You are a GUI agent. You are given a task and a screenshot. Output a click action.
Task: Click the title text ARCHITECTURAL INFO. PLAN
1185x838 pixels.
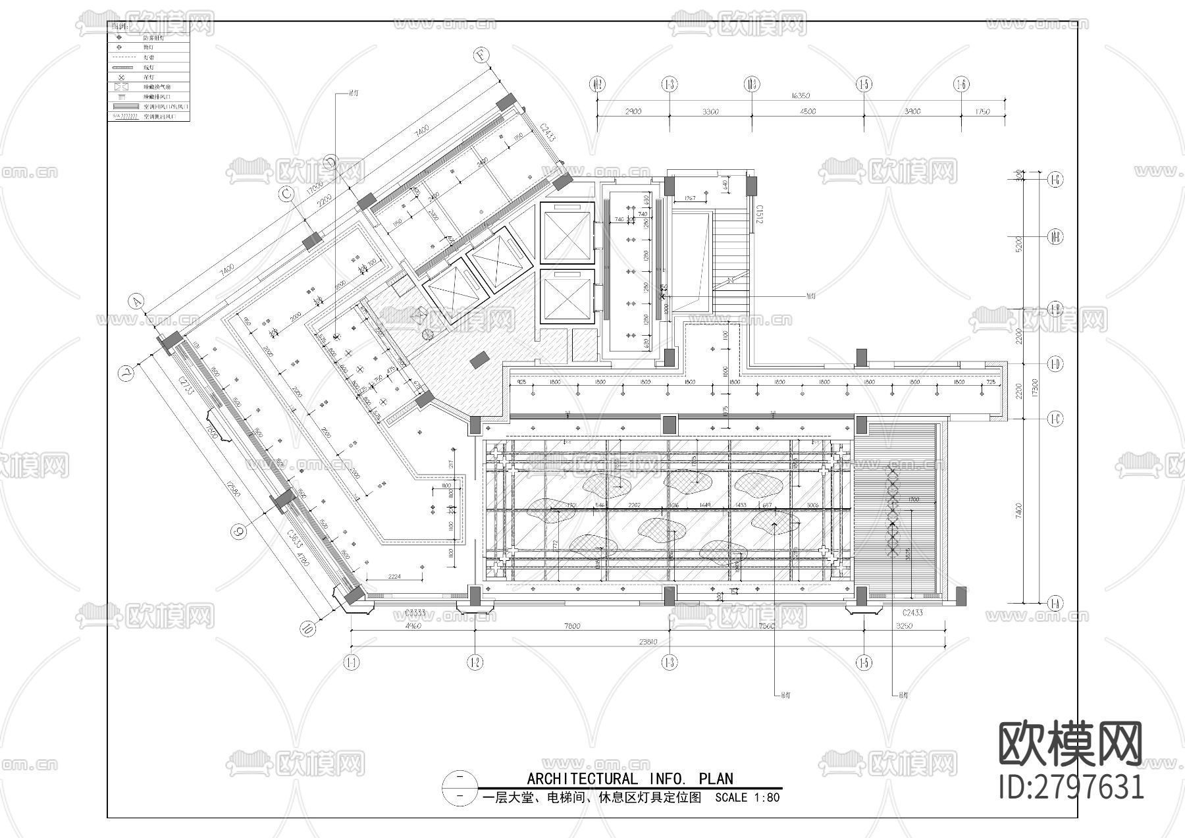coord(629,779)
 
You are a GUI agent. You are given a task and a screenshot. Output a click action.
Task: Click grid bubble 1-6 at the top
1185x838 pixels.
coord(961,84)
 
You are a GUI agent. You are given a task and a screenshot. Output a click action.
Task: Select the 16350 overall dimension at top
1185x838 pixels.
coord(801,96)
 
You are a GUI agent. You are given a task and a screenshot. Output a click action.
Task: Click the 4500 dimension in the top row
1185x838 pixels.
coord(807,111)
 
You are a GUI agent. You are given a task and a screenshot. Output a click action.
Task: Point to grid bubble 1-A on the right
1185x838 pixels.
coord(1055,602)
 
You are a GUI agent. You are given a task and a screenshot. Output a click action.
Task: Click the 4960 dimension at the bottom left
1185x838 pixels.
coord(412,626)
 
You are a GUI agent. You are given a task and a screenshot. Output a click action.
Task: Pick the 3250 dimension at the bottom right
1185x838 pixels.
coord(905,626)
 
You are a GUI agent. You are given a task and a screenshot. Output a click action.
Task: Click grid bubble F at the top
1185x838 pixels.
coord(483,57)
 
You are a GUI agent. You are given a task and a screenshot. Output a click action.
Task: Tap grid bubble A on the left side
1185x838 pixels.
coord(136,301)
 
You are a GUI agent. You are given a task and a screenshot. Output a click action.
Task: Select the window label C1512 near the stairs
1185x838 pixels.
coord(758,214)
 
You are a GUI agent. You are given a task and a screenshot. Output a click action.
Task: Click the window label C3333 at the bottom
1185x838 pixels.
coord(415,613)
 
